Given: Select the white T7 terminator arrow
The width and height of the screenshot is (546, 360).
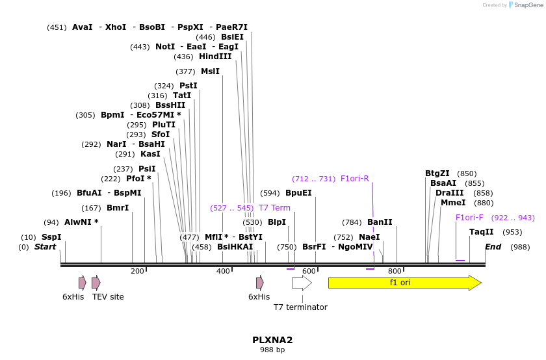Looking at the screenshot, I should point(301,283).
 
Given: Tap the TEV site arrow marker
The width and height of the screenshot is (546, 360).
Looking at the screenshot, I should point(96,283).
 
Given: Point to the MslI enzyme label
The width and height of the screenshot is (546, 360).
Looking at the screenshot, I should point(210,71).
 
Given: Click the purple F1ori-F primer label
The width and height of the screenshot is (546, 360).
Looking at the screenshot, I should point(469,218).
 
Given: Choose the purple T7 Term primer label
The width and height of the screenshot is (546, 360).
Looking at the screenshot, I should point(274,208).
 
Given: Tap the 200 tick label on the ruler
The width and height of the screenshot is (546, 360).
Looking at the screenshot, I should point(137,271).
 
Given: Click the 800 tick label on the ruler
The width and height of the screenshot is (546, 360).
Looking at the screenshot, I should point(395,271).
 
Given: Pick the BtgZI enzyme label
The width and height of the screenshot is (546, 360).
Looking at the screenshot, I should point(437,174).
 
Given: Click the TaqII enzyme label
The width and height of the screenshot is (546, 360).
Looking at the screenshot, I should point(482,232).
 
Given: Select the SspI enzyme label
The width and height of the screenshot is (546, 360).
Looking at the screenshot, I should point(51,237).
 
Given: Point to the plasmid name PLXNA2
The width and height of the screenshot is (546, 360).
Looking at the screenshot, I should point(272,340).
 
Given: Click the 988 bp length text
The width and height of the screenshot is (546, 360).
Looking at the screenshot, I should point(272,350).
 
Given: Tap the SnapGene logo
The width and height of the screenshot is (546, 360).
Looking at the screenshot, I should point(523,5).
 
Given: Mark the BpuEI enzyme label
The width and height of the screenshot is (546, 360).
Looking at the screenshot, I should point(298,193).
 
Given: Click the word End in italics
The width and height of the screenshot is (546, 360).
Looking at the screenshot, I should point(493,247).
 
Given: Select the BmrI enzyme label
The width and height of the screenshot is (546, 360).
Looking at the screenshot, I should point(118,208).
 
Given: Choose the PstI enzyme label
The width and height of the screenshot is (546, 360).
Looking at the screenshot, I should point(188,86).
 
